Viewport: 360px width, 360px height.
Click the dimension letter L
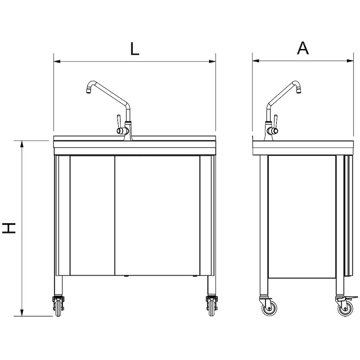(x=135, y=49)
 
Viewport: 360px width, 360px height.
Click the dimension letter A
(x=303, y=48)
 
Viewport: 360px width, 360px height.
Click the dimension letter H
(x=9, y=228)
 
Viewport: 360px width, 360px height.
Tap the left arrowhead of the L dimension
(x=57, y=61)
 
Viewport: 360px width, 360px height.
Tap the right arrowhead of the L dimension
(x=212, y=61)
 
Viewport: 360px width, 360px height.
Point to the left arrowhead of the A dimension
(x=256, y=61)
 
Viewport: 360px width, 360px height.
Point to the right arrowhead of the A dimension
(x=350, y=61)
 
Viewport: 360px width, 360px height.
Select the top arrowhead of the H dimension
(x=22, y=144)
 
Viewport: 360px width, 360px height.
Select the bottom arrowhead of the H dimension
(x=22, y=313)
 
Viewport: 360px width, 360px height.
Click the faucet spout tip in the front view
(x=88, y=92)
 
